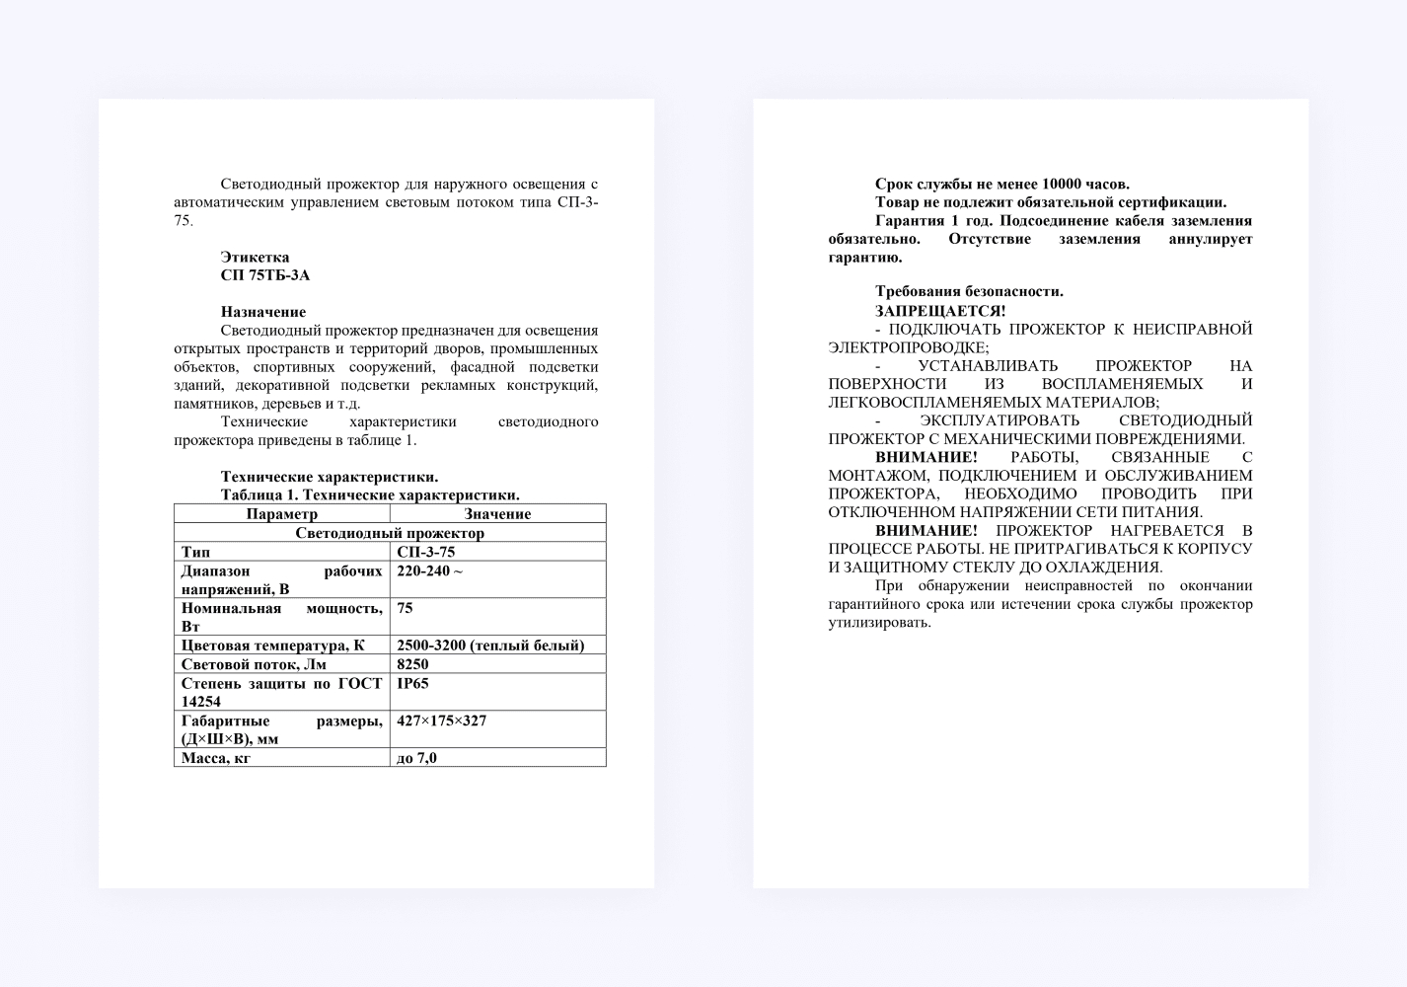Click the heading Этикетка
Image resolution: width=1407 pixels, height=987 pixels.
pos(255,258)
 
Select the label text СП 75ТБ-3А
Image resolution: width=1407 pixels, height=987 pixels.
pos(264,275)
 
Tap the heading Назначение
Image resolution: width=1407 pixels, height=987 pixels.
pos(262,312)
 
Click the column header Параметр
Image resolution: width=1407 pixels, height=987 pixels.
pos(281,514)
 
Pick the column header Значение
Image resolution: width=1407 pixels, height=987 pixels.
pos(497,514)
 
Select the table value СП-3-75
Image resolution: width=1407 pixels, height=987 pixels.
pos(425,552)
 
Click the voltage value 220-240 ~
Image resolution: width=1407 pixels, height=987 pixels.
pos(429,570)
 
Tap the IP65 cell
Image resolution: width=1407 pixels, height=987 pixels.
pos(412,683)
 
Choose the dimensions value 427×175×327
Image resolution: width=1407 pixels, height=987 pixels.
pos(441,721)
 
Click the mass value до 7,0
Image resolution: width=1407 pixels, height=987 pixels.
pos(416,758)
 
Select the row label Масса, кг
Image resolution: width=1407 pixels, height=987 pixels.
pos(215,758)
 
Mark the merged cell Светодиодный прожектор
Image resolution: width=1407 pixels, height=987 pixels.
pos(390,533)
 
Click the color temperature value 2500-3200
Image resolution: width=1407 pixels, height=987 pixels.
pos(431,645)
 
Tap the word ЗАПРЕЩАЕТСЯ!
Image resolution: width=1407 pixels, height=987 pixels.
pos(939,311)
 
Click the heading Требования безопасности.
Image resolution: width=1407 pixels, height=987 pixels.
pos(969,291)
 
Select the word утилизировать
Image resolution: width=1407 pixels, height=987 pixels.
pos(878,623)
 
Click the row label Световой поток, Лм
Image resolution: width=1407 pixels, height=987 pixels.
pos(254,664)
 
